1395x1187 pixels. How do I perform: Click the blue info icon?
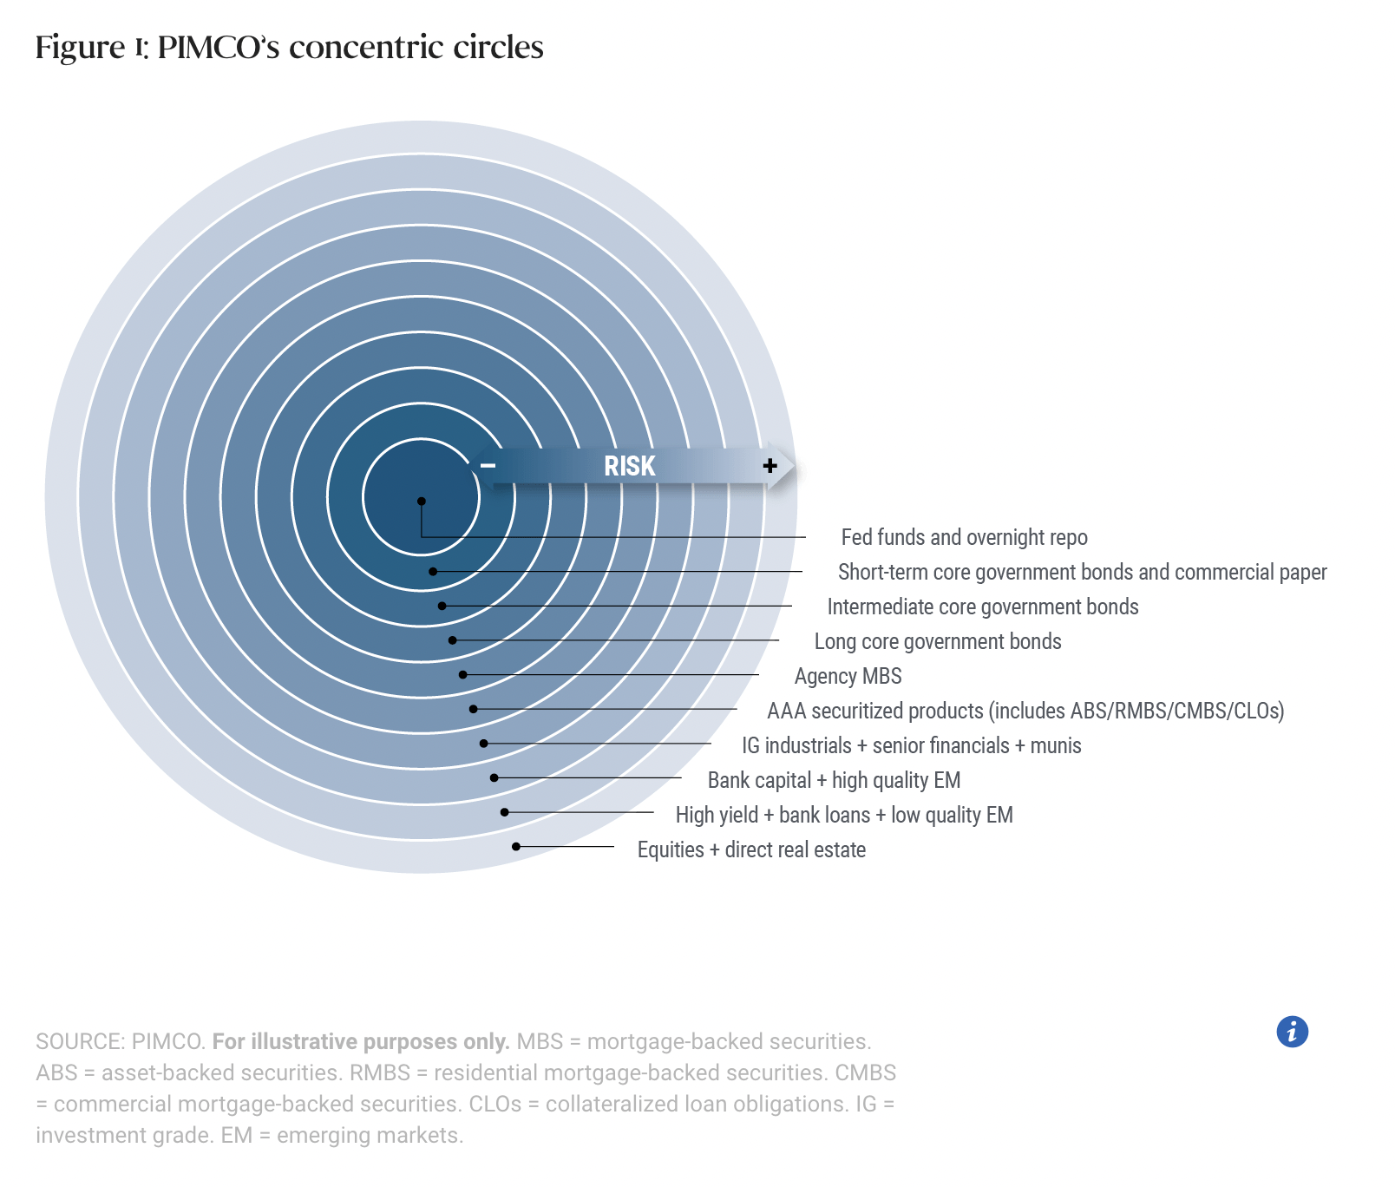pos(1292,1032)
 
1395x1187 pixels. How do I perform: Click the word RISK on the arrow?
pos(629,466)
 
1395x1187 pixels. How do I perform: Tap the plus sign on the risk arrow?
pos(770,466)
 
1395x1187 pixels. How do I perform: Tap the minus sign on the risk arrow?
pos(488,466)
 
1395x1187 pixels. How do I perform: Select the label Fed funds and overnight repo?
pos(964,537)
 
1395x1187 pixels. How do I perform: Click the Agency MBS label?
pos(848,676)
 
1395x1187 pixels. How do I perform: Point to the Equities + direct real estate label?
pos(751,849)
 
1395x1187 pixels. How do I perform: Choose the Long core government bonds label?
pos(937,641)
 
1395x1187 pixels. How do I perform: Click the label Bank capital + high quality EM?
pos(834,780)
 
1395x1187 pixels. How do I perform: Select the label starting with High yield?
pos(843,815)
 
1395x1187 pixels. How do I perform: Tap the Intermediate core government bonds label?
pos(982,607)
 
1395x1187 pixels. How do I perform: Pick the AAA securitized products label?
pos(1025,711)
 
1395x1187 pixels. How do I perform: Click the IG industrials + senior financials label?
pos(911,745)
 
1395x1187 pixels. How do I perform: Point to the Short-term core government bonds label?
pos(1082,572)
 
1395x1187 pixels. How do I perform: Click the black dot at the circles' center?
pos(422,501)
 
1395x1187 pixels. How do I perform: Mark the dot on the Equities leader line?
pos(516,846)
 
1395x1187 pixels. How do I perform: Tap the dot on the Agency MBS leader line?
pos(463,674)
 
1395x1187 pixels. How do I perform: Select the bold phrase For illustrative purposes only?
pos(361,1041)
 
